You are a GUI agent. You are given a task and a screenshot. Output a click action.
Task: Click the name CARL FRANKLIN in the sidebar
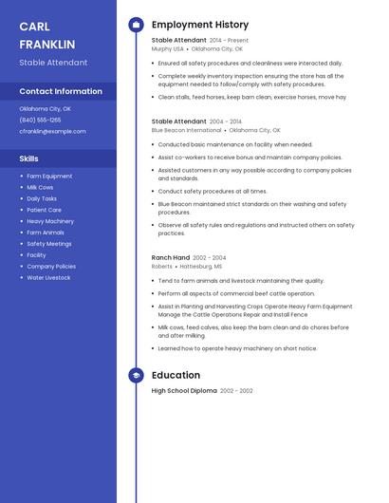46,35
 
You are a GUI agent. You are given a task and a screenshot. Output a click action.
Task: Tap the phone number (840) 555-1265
40,120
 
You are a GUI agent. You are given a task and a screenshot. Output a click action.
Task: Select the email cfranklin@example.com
52,131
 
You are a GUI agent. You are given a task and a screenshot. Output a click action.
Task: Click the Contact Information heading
61,91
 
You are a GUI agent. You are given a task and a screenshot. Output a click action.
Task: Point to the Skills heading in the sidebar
29,158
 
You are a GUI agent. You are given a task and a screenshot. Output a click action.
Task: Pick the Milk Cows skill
40,187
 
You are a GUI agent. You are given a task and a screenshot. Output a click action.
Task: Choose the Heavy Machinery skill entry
49,221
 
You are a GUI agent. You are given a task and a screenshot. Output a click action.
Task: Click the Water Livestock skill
48,277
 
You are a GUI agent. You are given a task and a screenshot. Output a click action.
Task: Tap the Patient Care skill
44,210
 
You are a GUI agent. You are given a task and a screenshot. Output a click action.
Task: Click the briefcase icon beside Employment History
136,25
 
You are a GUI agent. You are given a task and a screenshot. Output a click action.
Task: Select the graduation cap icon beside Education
136,375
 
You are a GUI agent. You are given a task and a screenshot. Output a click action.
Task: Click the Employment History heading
200,25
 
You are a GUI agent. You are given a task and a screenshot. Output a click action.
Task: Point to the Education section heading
176,375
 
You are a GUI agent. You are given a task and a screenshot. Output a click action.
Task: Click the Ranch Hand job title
170,257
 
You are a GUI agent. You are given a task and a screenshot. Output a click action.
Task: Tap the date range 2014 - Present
229,41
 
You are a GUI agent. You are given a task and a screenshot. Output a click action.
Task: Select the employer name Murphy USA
167,48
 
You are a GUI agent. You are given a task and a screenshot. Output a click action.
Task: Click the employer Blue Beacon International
186,130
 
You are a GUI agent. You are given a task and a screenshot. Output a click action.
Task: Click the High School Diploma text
184,391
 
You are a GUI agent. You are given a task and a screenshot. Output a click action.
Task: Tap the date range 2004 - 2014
226,121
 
